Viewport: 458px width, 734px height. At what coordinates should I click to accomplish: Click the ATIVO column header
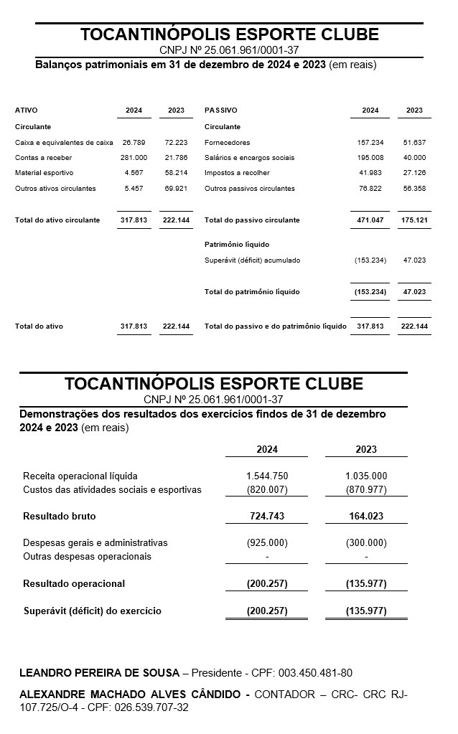click(26, 110)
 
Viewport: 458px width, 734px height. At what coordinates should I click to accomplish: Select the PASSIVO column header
click(220, 110)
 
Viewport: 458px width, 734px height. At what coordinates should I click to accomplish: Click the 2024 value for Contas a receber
click(134, 158)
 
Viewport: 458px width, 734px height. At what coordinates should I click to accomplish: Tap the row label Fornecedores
click(227, 143)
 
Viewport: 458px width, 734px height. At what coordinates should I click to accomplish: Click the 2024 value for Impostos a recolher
click(370, 173)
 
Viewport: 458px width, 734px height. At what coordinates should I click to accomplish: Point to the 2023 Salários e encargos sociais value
click(414, 158)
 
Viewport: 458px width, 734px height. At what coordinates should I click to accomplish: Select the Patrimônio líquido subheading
click(236, 245)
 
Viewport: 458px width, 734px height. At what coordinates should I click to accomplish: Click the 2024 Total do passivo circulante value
click(370, 220)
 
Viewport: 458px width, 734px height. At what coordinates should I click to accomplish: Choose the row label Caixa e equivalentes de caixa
click(64, 143)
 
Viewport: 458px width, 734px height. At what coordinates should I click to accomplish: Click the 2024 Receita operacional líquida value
click(266, 476)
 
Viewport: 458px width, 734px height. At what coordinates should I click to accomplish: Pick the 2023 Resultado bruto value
click(366, 516)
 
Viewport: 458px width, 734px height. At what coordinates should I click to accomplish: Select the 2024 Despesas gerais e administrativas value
click(266, 543)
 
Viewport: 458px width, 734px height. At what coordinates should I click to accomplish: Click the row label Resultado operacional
click(74, 583)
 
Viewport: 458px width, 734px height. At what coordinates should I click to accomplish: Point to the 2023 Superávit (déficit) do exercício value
click(366, 611)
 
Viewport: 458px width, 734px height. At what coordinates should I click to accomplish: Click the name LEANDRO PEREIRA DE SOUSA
click(99, 673)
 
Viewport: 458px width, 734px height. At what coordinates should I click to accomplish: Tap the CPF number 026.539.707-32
click(151, 707)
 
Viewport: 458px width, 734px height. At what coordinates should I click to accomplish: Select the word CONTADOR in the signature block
click(285, 695)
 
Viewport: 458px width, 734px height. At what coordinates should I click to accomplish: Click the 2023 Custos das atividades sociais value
click(366, 490)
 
